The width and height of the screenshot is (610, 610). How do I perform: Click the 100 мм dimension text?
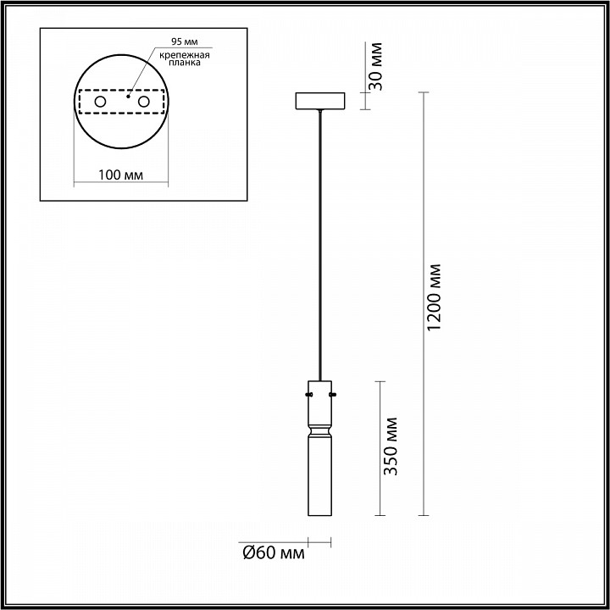[x=119, y=175]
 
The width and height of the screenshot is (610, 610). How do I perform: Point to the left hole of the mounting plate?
[x=101, y=103]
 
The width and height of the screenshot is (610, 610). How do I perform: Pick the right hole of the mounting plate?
[x=143, y=103]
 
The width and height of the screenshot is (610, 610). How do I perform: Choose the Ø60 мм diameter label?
[x=273, y=553]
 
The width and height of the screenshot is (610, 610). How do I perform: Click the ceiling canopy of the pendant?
[x=319, y=101]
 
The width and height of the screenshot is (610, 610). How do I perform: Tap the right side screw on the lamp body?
[x=334, y=393]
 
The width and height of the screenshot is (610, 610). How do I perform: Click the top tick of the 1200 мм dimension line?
[x=424, y=92]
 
